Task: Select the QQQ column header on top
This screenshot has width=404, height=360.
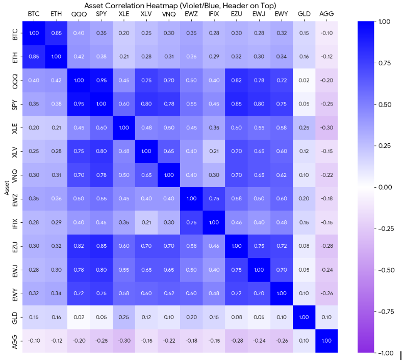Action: tap(79, 13)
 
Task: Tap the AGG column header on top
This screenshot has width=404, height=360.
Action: tap(326, 13)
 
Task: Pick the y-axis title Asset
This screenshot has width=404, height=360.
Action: tap(6, 187)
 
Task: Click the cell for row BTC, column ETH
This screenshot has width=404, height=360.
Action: tap(56, 33)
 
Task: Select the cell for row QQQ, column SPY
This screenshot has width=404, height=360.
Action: tap(101, 81)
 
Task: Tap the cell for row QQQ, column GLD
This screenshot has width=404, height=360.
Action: tap(304, 81)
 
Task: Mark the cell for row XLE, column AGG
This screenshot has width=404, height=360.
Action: tap(326, 127)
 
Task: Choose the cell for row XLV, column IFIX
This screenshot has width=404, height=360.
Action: tap(214, 151)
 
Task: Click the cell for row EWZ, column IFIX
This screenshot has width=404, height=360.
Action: tap(214, 199)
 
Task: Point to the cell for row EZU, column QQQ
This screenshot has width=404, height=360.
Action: tap(79, 246)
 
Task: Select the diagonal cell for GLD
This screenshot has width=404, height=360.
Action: tap(304, 317)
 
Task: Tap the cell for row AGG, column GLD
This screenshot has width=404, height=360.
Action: tap(304, 341)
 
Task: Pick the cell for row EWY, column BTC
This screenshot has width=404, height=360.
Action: tap(34, 293)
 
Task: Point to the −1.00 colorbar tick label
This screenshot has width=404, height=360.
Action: tap(386, 353)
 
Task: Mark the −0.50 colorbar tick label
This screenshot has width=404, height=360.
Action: tap(386, 270)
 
